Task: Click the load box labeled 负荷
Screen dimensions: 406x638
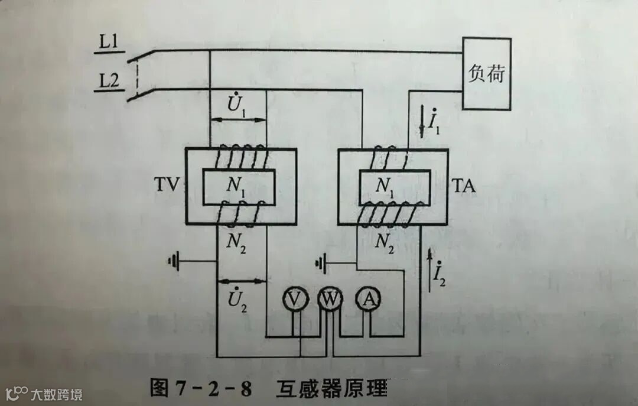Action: click(x=487, y=74)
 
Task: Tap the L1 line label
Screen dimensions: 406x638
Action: click(x=109, y=43)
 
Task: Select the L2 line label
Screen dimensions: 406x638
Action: click(x=109, y=82)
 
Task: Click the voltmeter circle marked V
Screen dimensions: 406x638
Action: click(x=294, y=300)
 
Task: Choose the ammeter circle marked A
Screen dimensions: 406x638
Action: click(x=369, y=300)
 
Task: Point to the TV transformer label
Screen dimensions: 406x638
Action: click(x=167, y=187)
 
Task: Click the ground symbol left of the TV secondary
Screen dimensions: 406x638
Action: click(x=173, y=260)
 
